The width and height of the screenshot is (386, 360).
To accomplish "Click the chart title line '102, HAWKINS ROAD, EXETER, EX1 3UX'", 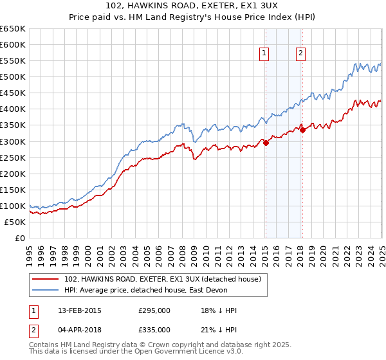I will pyautogui.click(x=193, y=7).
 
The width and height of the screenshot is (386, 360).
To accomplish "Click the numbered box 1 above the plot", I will pyautogui.click(x=264, y=54).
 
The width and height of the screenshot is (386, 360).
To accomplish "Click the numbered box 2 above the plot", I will pyautogui.click(x=300, y=54).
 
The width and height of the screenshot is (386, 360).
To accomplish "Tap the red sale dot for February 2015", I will pyautogui.click(x=266, y=143).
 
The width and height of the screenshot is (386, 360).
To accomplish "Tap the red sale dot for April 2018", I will pyautogui.click(x=302, y=130).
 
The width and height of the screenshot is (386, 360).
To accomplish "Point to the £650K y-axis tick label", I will pyautogui.click(x=13, y=29).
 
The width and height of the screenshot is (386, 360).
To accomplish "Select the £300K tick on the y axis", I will pyautogui.click(x=13, y=141).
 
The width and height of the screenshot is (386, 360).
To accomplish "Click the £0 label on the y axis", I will pyautogui.click(x=20, y=238).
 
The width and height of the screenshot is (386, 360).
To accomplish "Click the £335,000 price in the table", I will pyautogui.click(x=154, y=329).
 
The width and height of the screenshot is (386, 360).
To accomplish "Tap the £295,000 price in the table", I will pyautogui.click(x=154, y=310).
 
